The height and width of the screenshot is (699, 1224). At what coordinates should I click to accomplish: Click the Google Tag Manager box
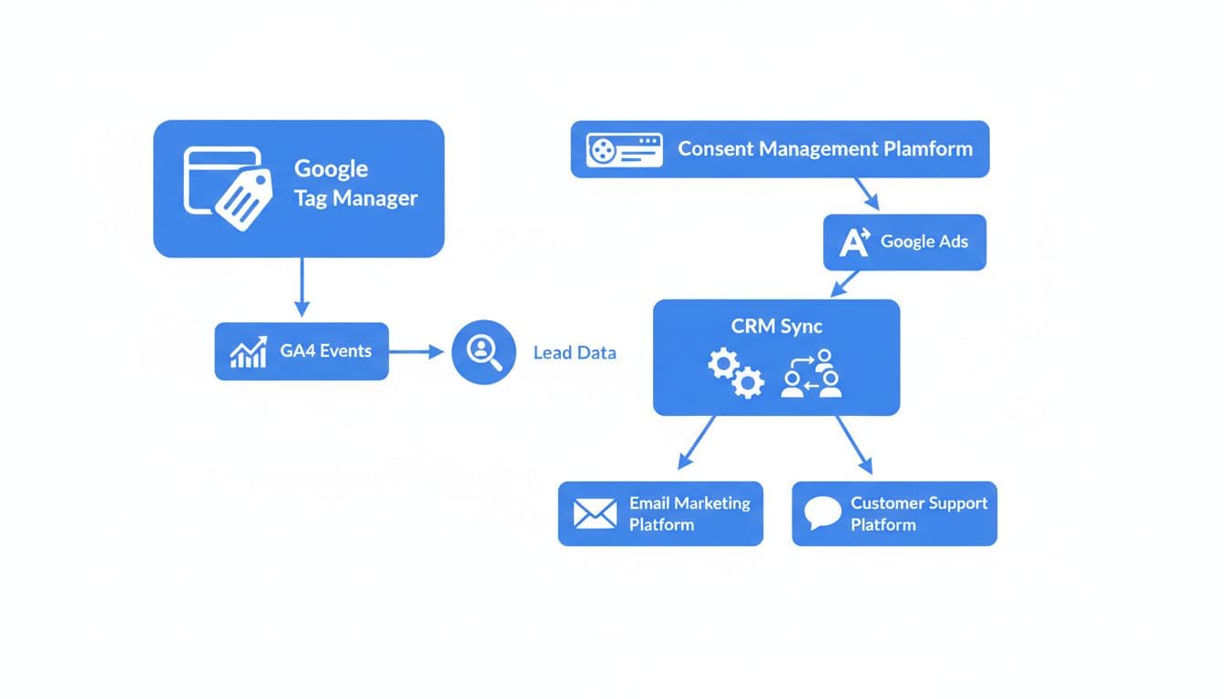click(299, 188)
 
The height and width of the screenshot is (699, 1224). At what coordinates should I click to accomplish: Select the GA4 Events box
click(301, 351)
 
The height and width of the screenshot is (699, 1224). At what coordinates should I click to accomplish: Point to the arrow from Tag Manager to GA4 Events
click(301, 287)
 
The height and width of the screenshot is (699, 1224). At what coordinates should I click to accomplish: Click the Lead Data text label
click(575, 353)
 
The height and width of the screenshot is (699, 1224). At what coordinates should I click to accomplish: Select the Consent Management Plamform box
click(780, 149)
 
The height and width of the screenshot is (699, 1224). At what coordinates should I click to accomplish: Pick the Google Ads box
click(904, 242)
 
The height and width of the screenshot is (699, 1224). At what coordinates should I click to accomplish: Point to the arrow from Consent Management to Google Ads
click(866, 194)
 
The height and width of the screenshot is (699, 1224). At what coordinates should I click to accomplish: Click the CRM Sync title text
click(776, 326)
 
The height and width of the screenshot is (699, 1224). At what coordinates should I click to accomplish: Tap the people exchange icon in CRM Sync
click(811, 373)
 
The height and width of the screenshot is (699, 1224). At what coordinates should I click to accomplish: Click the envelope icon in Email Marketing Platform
click(595, 514)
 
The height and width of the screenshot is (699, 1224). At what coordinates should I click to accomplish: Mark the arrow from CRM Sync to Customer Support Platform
click(853, 445)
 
